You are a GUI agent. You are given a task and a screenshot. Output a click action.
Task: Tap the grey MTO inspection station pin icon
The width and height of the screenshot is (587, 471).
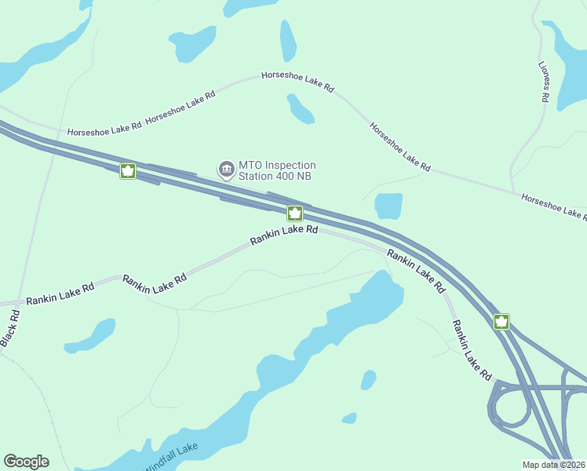point(227,170)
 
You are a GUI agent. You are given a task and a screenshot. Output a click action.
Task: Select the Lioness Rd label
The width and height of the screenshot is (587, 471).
point(543,82)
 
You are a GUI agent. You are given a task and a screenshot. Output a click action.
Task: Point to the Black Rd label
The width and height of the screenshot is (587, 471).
point(10,328)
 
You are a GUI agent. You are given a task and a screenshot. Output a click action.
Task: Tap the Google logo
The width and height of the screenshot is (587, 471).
point(26,462)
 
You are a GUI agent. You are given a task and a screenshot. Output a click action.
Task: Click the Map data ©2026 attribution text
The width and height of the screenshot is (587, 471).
point(554,465)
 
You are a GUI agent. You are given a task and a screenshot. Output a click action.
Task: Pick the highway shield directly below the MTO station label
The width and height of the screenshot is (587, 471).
point(295,214)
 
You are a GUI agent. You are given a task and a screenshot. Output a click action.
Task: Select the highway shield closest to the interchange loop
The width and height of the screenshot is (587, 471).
point(501,322)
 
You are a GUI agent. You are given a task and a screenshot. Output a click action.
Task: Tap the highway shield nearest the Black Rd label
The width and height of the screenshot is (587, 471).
point(128,171)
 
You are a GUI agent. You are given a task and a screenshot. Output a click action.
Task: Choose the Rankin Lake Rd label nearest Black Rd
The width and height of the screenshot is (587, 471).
point(60,294)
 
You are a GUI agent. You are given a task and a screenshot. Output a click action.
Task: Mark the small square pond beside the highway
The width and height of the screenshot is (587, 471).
point(388,206)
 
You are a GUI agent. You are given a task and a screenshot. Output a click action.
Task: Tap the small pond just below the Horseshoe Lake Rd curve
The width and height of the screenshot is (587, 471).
point(300,109)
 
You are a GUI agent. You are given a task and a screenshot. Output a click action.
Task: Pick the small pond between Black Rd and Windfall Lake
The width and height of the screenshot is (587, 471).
point(89,335)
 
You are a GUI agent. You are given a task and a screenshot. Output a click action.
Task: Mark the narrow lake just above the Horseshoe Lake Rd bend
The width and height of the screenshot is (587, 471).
point(288,40)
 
